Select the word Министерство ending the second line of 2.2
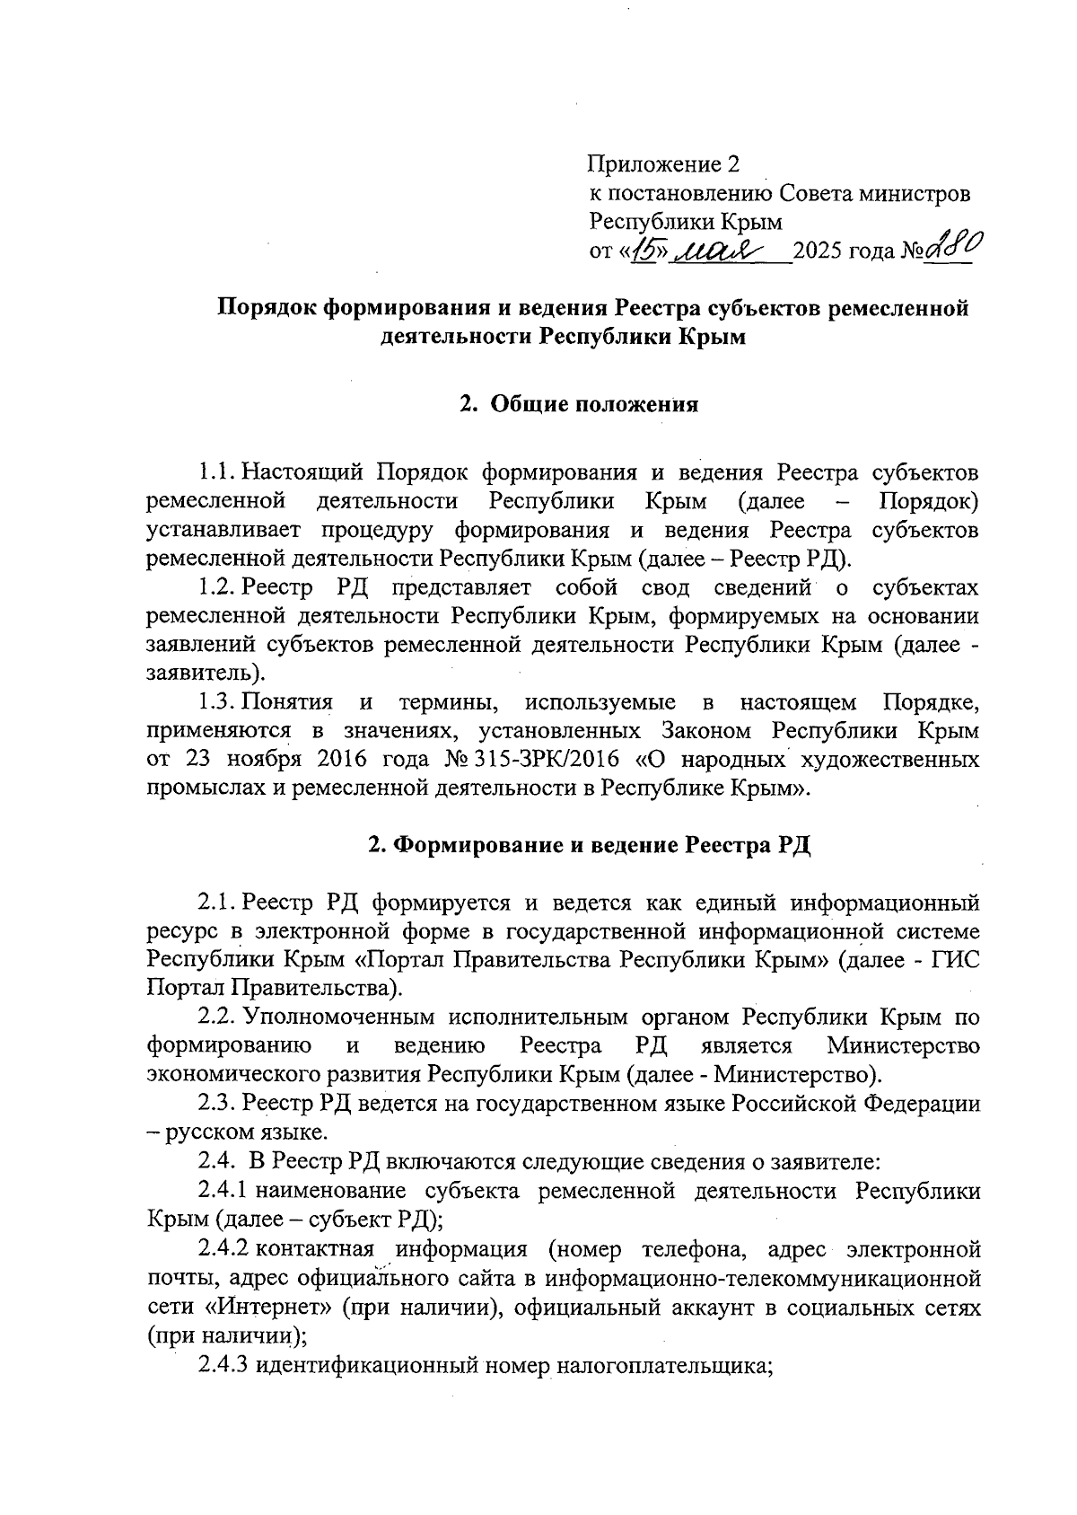click(x=903, y=1046)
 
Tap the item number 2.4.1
click(x=223, y=1191)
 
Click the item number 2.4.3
click(x=223, y=1366)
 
